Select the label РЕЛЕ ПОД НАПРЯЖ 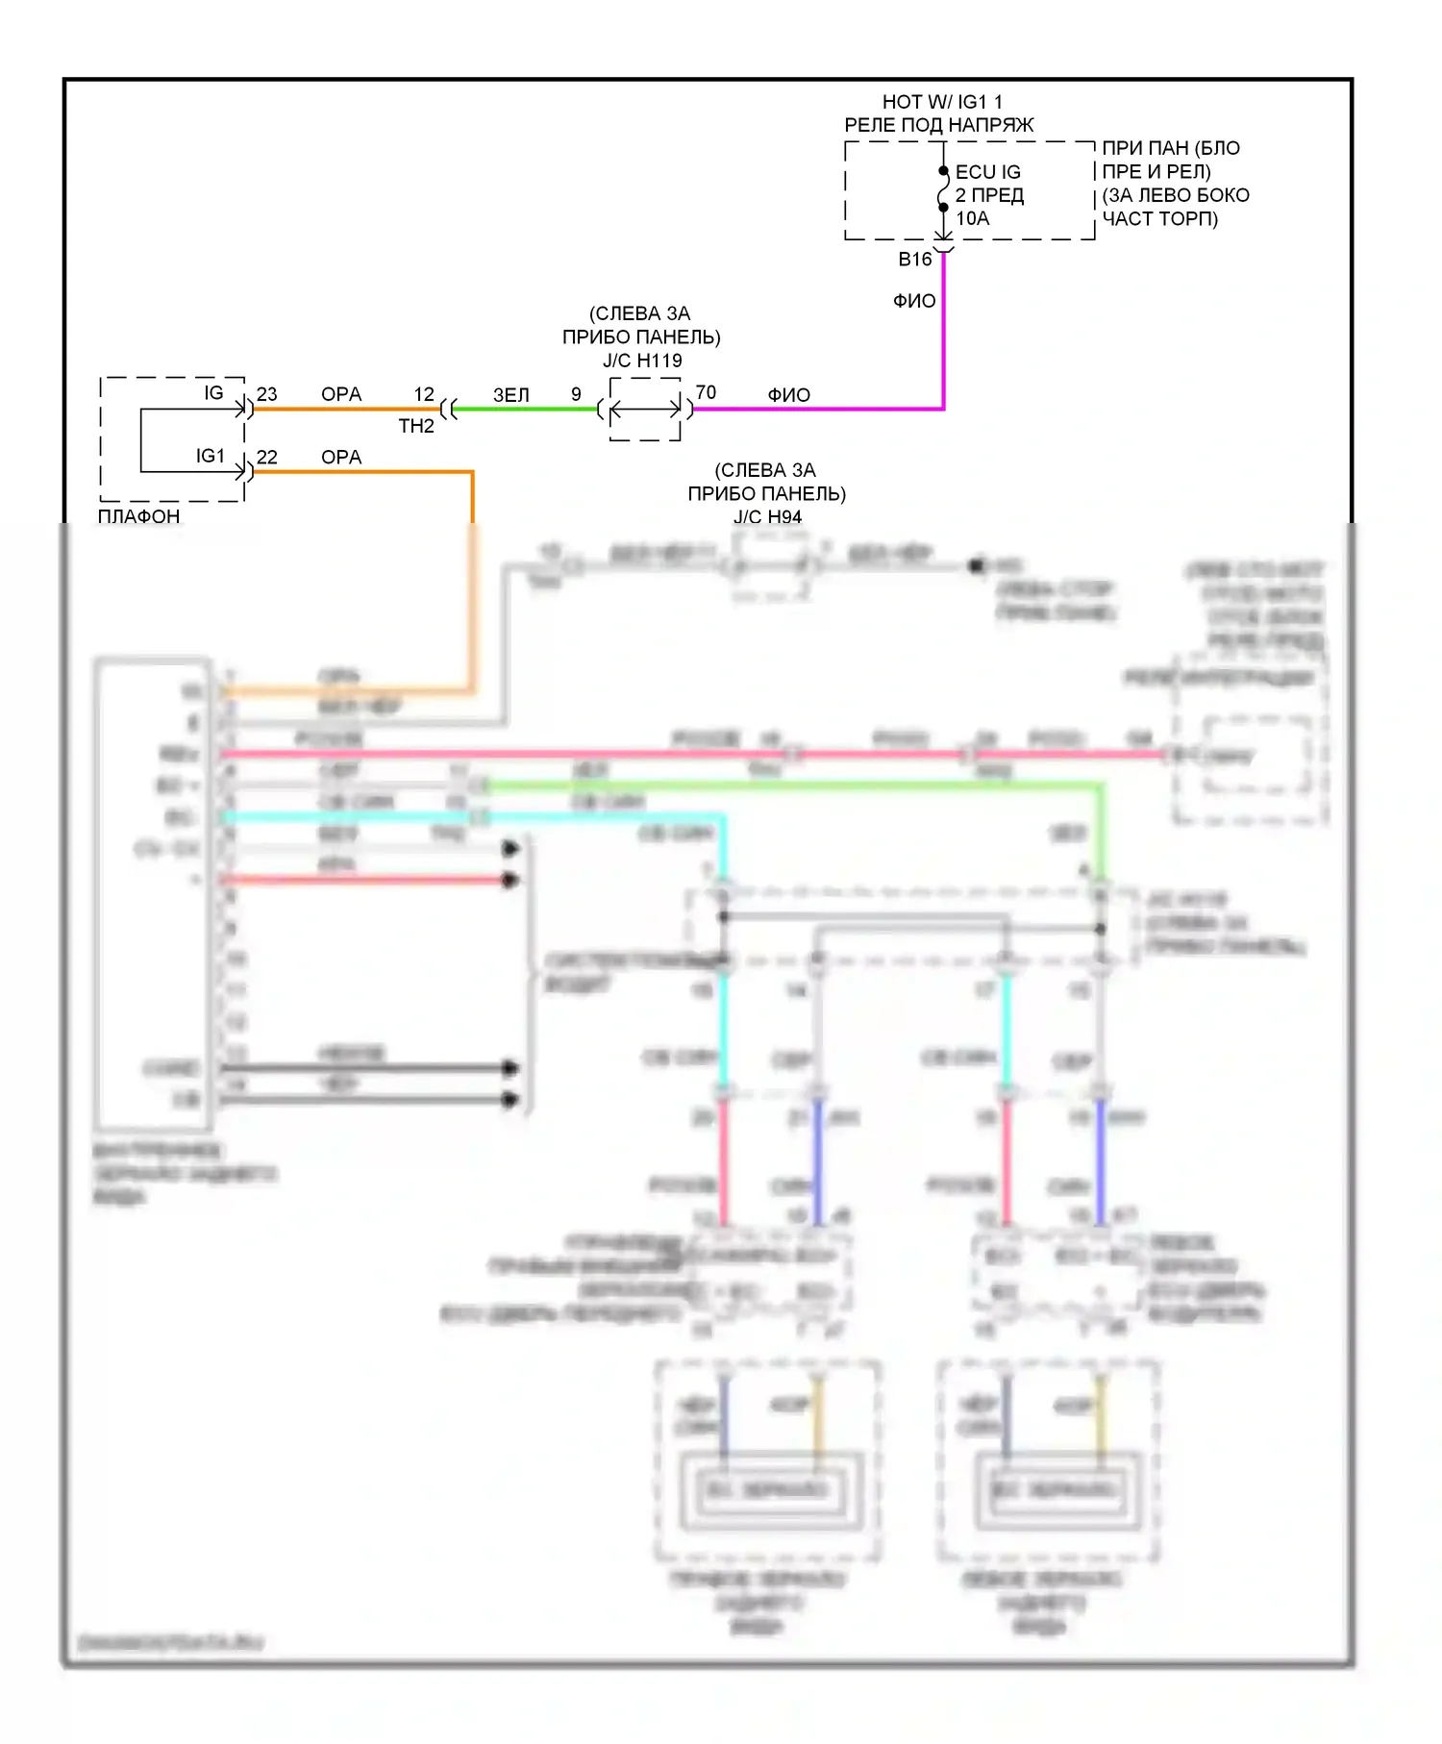(938, 125)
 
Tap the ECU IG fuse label (987, 172)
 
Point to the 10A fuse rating (972, 218)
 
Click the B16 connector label (914, 260)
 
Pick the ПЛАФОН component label (138, 516)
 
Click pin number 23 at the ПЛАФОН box (266, 394)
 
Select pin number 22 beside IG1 (266, 458)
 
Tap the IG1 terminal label (210, 456)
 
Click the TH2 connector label (416, 426)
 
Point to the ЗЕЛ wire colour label (510, 395)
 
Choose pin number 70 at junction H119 (706, 392)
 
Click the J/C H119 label (642, 361)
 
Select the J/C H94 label (767, 517)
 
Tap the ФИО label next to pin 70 (788, 395)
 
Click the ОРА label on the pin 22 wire (341, 458)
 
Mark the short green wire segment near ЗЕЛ (525, 409)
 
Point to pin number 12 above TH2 (424, 394)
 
